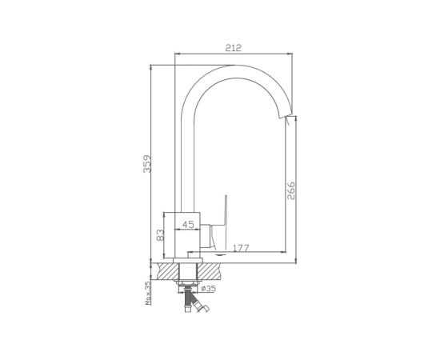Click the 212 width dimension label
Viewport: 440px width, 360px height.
click(x=233, y=48)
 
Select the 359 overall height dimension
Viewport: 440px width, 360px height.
click(x=147, y=164)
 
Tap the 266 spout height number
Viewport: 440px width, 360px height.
click(x=291, y=190)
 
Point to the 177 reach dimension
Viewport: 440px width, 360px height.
click(x=241, y=248)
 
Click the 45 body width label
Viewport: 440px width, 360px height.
click(x=188, y=225)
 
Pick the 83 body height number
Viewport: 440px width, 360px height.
click(x=160, y=235)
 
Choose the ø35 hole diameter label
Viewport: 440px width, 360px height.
click(x=208, y=288)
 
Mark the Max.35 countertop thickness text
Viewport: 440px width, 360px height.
click(x=148, y=294)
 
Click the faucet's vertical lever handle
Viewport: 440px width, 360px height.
click(x=225, y=222)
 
